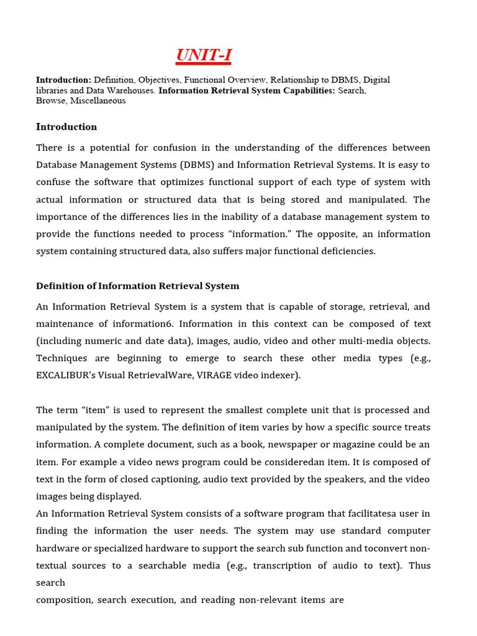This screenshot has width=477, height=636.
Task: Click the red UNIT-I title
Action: point(204,55)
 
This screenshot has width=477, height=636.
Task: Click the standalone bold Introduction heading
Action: point(66,127)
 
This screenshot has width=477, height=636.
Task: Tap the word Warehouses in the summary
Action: point(132,90)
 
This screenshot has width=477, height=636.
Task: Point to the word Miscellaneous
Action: point(98,101)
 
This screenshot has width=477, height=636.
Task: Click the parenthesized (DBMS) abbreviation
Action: point(198,165)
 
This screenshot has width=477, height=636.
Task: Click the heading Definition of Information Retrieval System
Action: point(137,286)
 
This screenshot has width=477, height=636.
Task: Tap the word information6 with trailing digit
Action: point(143,324)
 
